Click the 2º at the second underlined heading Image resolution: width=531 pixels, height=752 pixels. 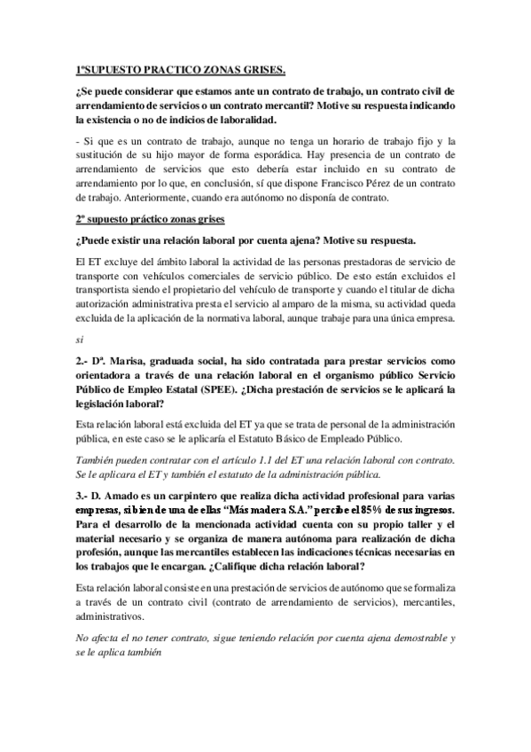coord(81,219)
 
